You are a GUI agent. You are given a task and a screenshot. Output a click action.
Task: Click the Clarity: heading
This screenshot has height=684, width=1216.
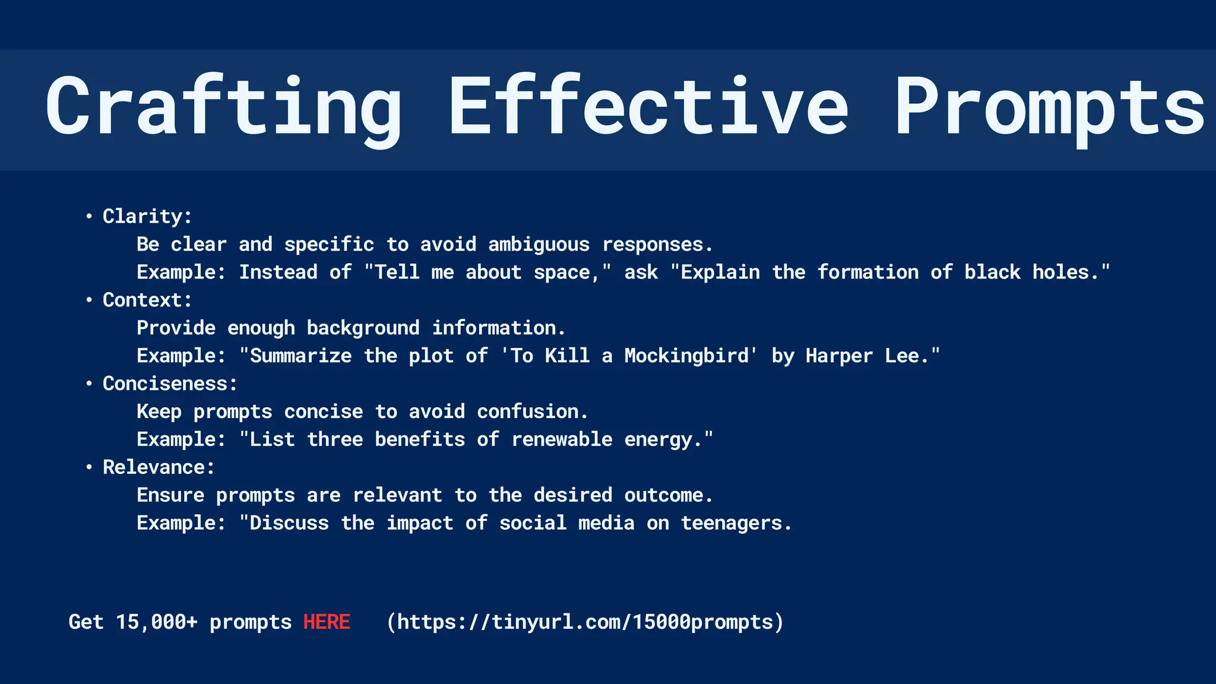147,216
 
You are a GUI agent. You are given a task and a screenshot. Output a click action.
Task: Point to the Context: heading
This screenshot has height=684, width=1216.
147,300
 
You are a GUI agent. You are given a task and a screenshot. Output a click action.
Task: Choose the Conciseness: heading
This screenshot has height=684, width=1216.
170,384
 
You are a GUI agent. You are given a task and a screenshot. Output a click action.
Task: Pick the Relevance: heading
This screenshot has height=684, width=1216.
159,467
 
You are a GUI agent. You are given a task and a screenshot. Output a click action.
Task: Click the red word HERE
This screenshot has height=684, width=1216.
327,622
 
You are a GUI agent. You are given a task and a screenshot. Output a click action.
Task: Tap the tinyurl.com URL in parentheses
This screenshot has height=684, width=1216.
585,622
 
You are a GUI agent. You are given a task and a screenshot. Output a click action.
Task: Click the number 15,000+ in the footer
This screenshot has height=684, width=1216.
156,622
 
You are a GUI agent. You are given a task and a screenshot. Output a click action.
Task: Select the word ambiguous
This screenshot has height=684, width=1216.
539,245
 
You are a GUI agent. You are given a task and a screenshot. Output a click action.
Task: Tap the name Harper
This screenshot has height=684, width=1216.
839,356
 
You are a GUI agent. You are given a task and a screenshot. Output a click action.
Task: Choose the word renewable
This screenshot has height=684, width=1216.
562,439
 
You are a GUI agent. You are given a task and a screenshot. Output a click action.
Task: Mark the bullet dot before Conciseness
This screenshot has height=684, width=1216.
89,384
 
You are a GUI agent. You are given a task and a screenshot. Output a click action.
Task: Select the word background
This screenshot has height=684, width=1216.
363,328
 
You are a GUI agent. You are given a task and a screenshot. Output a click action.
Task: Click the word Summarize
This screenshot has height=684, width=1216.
300,356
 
